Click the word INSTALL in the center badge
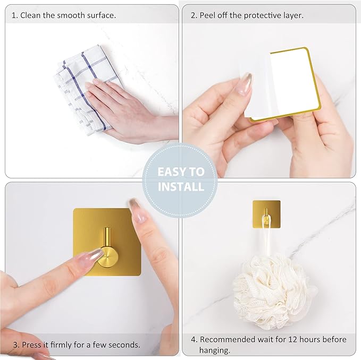(180, 187)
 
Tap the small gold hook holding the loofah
(266, 215)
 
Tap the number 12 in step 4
(296, 339)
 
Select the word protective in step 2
(264, 15)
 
